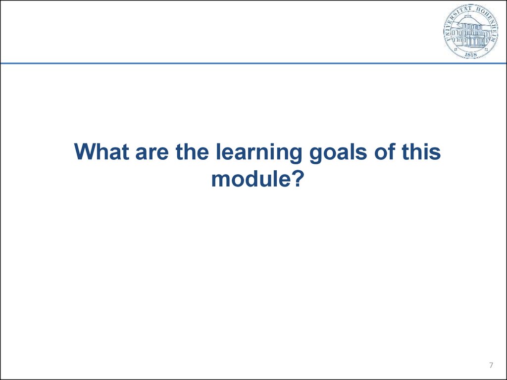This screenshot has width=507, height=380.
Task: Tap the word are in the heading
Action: pos(152,153)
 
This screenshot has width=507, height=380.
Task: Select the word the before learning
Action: pos(192,151)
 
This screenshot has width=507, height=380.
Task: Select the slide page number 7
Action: pos(491,366)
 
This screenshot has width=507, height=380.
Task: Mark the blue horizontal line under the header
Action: pos(253,63)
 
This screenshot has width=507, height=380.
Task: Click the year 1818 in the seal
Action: pos(471,55)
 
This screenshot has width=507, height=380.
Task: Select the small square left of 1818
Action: pos(456,50)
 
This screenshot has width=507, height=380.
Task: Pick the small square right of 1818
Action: pos(486,50)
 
